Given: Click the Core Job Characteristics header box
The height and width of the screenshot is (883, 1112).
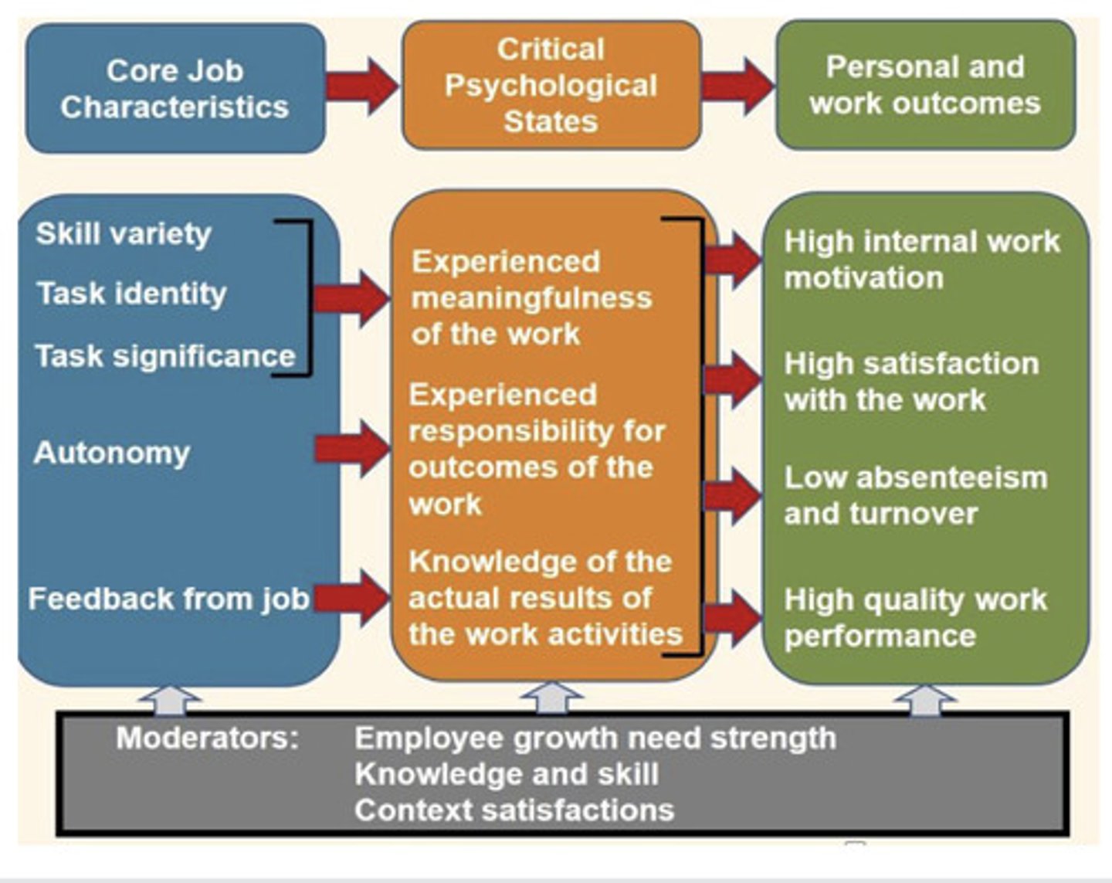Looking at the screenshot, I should (x=175, y=88).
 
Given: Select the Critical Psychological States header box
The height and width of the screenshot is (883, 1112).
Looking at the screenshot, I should (x=551, y=85).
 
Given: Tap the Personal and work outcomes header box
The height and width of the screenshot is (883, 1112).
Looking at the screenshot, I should (x=925, y=85).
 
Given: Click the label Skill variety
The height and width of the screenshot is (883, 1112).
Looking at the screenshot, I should (x=124, y=233).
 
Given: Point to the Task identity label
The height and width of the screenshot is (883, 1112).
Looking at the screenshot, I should (x=131, y=294).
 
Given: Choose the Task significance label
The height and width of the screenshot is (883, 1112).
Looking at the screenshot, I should (x=165, y=356).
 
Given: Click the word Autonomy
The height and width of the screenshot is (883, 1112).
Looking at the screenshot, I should (x=112, y=453).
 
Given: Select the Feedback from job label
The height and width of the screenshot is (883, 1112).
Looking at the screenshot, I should (x=168, y=599).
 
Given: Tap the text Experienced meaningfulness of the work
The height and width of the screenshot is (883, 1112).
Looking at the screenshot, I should (x=531, y=298).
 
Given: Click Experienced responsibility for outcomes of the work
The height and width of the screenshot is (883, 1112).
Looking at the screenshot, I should (x=536, y=449).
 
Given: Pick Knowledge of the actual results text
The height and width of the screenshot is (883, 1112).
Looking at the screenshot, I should (x=544, y=598).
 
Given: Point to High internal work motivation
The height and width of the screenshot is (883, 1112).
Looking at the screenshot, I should (x=921, y=260).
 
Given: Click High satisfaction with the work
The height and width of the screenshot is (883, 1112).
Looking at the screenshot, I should (x=911, y=382).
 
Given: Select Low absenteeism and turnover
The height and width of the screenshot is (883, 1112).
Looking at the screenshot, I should (x=915, y=495).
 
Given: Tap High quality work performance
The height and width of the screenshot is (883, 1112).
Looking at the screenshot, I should (x=915, y=617).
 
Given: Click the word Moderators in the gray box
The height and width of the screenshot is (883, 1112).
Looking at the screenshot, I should (x=207, y=738).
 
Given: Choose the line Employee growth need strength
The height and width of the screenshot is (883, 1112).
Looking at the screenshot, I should (x=595, y=738).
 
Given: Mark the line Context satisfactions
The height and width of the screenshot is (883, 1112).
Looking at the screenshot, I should (x=514, y=810).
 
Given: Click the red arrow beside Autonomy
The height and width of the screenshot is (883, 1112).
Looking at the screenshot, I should (x=352, y=449).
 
